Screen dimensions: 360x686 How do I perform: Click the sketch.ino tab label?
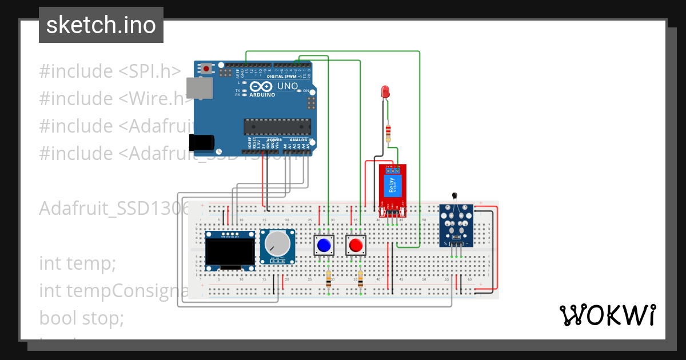101,25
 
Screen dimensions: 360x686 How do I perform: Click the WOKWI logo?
607,315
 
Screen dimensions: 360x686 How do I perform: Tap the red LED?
385,91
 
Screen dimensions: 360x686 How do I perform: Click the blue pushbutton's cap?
324,246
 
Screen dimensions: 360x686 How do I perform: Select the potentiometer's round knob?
278,244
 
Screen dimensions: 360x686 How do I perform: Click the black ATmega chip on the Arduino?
277,126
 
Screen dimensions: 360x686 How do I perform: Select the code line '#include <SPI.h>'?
110,71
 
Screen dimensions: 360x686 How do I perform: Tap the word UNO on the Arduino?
288,87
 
